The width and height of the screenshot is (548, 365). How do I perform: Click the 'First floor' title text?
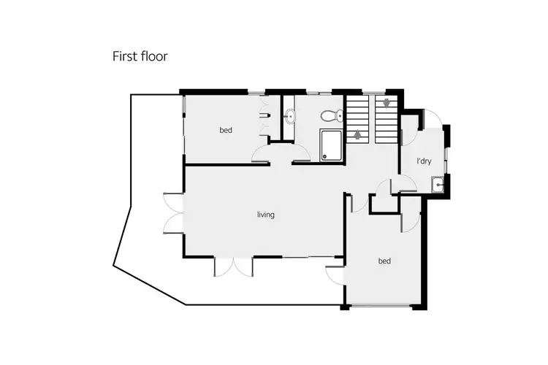140,56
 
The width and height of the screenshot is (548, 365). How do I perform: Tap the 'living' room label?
265,215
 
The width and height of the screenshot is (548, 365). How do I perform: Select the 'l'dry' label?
422,161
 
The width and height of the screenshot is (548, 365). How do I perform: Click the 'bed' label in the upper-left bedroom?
226,131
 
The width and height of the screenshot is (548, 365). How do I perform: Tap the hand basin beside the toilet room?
290,115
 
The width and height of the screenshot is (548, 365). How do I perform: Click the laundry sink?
438,184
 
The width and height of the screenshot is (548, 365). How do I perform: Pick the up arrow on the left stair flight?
357,134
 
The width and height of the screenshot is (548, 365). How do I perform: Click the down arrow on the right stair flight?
386,104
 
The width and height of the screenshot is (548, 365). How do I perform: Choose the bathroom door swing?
300,151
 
